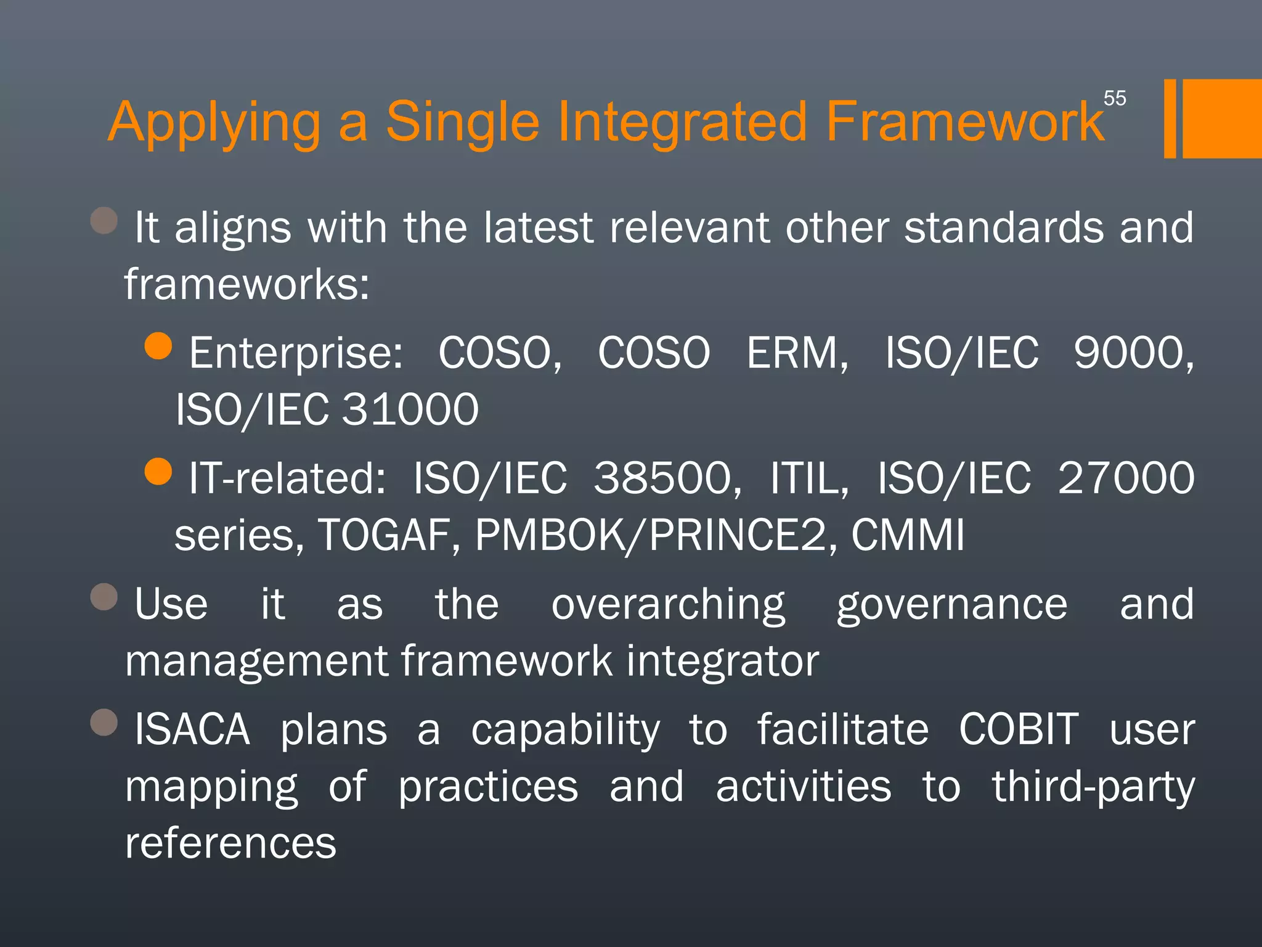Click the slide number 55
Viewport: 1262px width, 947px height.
[x=1114, y=98]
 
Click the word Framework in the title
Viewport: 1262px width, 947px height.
[x=964, y=121]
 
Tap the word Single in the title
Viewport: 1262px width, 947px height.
[x=462, y=121]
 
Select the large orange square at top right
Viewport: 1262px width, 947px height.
[x=1222, y=118]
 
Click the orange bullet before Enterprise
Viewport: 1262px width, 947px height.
[x=158, y=346]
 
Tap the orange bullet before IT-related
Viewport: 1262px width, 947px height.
[x=158, y=472]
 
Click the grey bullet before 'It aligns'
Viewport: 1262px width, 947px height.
[x=104, y=220]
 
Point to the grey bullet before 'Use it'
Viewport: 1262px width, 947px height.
[x=104, y=596]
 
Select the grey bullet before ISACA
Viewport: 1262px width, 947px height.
[x=104, y=722]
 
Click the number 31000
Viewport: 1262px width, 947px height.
[x=410, y=410]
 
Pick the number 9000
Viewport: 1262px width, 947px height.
[x=1133, y=353]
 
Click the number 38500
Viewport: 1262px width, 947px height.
[x=667, y=478]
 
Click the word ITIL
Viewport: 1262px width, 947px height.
[x=809, y=478]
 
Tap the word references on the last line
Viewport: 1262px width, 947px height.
[x=230, y=843]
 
